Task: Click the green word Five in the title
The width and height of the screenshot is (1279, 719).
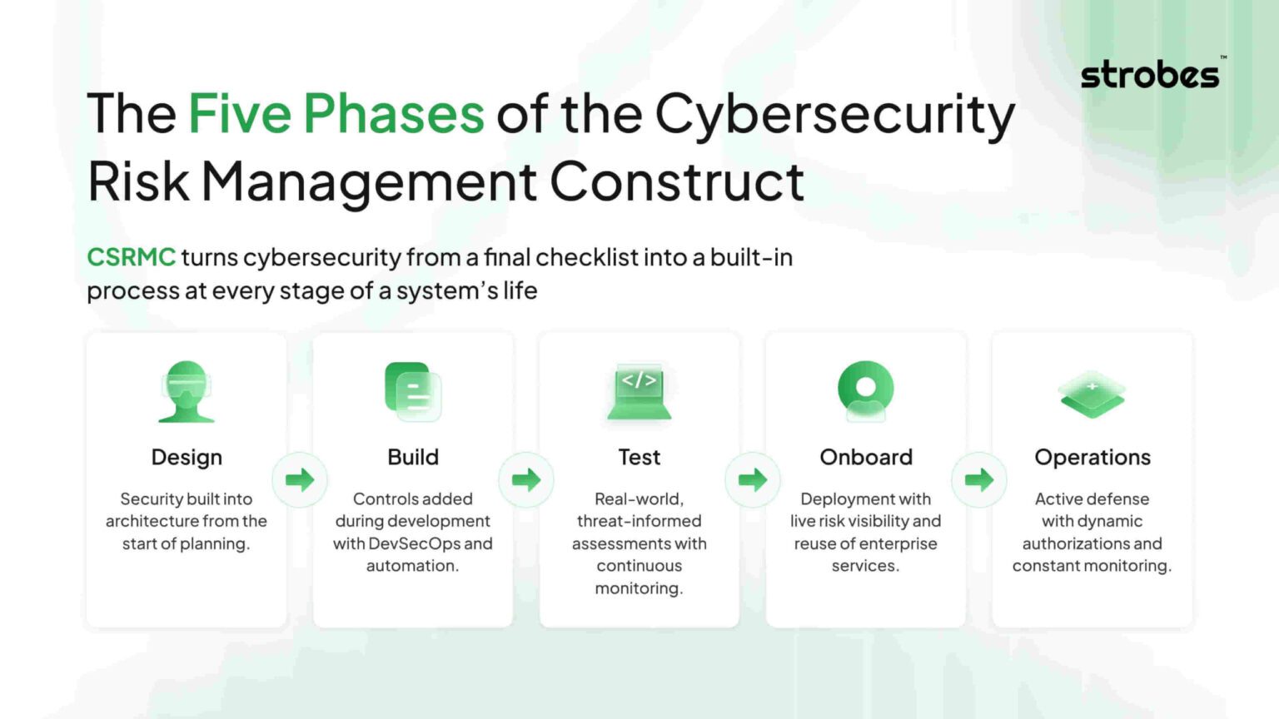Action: (239, 113)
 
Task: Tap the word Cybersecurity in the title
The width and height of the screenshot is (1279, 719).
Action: (834, 115)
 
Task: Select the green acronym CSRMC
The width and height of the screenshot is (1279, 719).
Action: (131, 257)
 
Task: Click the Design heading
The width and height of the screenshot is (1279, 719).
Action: (187, 457)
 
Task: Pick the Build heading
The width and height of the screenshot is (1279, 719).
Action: (413, 457)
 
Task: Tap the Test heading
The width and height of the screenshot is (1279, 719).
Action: (639, 457)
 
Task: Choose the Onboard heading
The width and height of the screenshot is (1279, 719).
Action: (866, 457)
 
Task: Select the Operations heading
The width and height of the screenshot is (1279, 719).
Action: (1092, 457)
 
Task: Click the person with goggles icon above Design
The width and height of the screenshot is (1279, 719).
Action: (187, 391)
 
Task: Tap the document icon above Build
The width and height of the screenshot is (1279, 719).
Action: (413, 391)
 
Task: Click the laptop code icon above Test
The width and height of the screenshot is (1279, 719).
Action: (639, 391)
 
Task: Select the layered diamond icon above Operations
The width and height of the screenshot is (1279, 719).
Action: (1092, 394)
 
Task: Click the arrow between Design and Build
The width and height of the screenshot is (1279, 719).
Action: (300, 479)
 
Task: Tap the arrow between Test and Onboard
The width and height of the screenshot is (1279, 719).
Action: (753, 479)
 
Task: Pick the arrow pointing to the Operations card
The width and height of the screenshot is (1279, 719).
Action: (979, 479)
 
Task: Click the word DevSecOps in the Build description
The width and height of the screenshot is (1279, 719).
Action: (414, 543)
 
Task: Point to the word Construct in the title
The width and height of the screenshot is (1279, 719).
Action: (677, 181)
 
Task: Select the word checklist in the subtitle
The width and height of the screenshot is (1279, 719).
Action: (586, 257)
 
